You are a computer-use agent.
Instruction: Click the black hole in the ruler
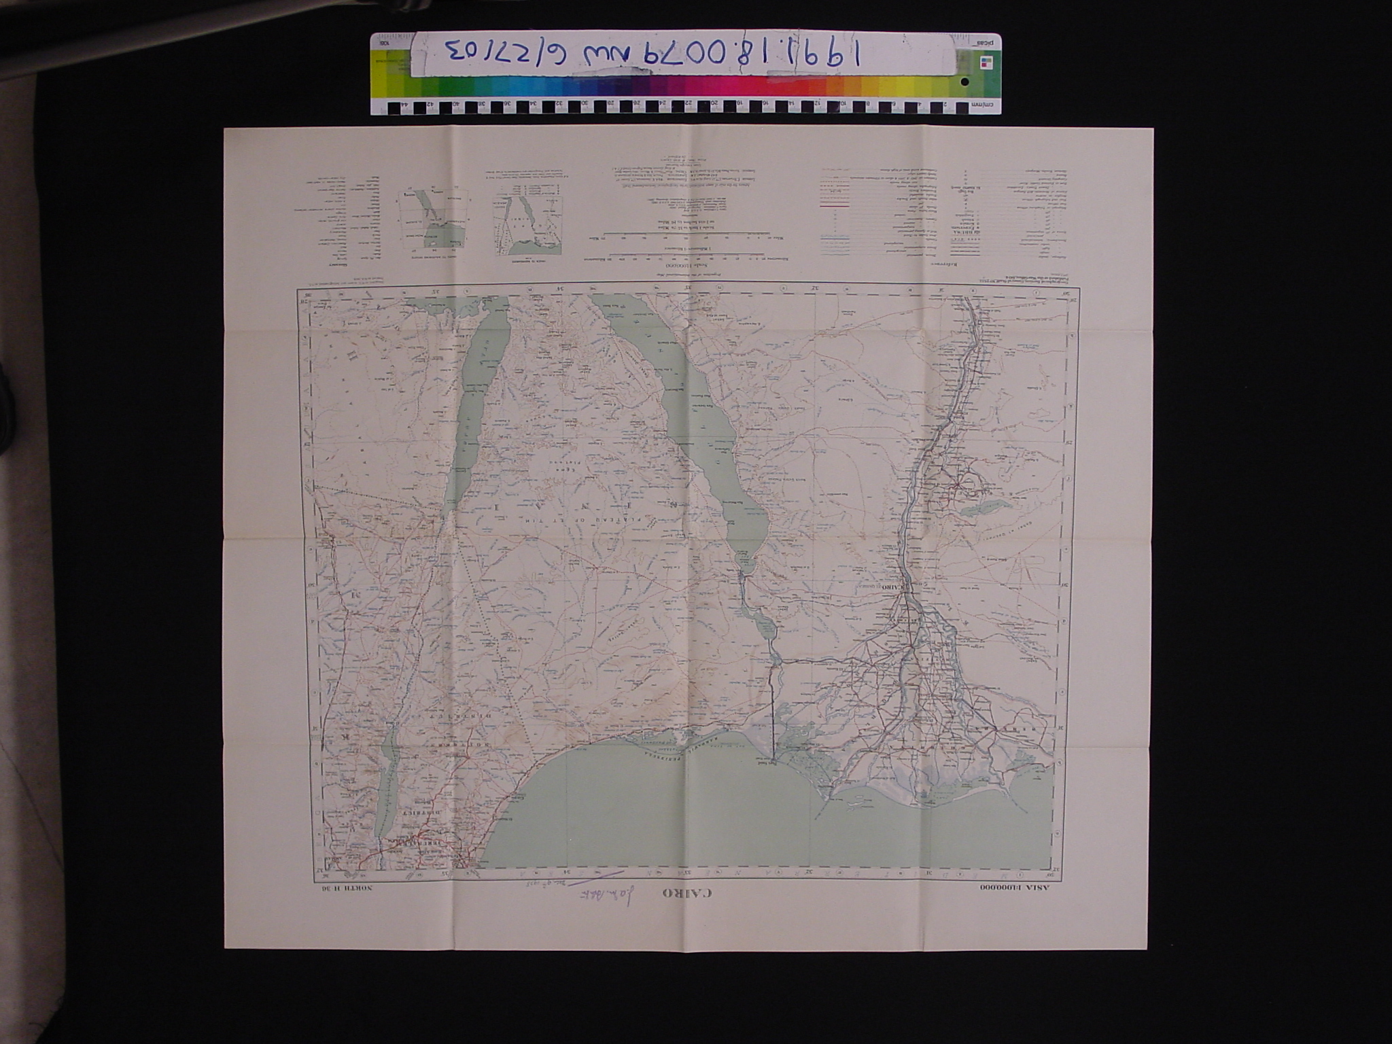tap(965, 82)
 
